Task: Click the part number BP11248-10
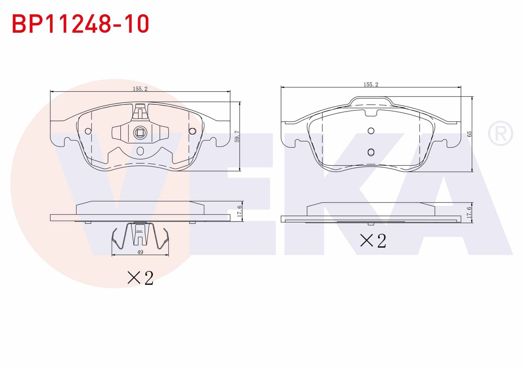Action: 81,24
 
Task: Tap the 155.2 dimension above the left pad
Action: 140,89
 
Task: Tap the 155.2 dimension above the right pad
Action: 371,85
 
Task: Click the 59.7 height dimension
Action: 237,136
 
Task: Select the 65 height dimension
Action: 469,134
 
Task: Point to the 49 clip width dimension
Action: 140,252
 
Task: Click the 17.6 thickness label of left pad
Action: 239,211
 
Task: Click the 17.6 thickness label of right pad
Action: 469,212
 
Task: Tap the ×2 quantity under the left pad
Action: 141,278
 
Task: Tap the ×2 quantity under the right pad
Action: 373,241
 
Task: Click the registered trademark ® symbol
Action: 500,134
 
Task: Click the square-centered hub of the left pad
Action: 140,133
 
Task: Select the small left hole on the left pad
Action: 88,131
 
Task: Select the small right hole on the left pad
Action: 192,131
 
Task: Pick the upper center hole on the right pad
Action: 371,131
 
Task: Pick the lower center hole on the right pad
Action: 371,152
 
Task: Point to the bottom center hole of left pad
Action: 140,151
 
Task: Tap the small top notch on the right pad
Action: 371,113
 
